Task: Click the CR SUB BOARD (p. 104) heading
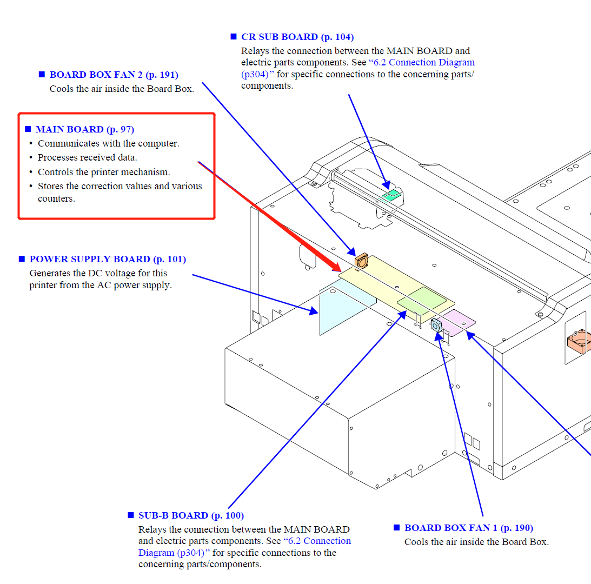click(297, 37)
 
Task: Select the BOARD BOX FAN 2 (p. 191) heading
click(114, 75)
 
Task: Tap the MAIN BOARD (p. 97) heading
click(84, 129)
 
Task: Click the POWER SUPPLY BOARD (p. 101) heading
click(107, 259)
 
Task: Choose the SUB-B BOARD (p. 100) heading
click(191, 515)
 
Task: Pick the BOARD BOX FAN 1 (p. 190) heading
click(468, 528)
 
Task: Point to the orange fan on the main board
click(361, 261)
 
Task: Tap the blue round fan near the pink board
click(436, 325)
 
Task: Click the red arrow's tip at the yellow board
click(340, 271)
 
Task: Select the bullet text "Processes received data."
click(87, 157)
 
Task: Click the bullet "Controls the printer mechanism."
click(104, 172)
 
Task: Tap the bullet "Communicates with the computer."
click(108, 143)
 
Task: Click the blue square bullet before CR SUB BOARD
click(234, 37)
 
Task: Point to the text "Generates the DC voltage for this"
click(98, 273)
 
